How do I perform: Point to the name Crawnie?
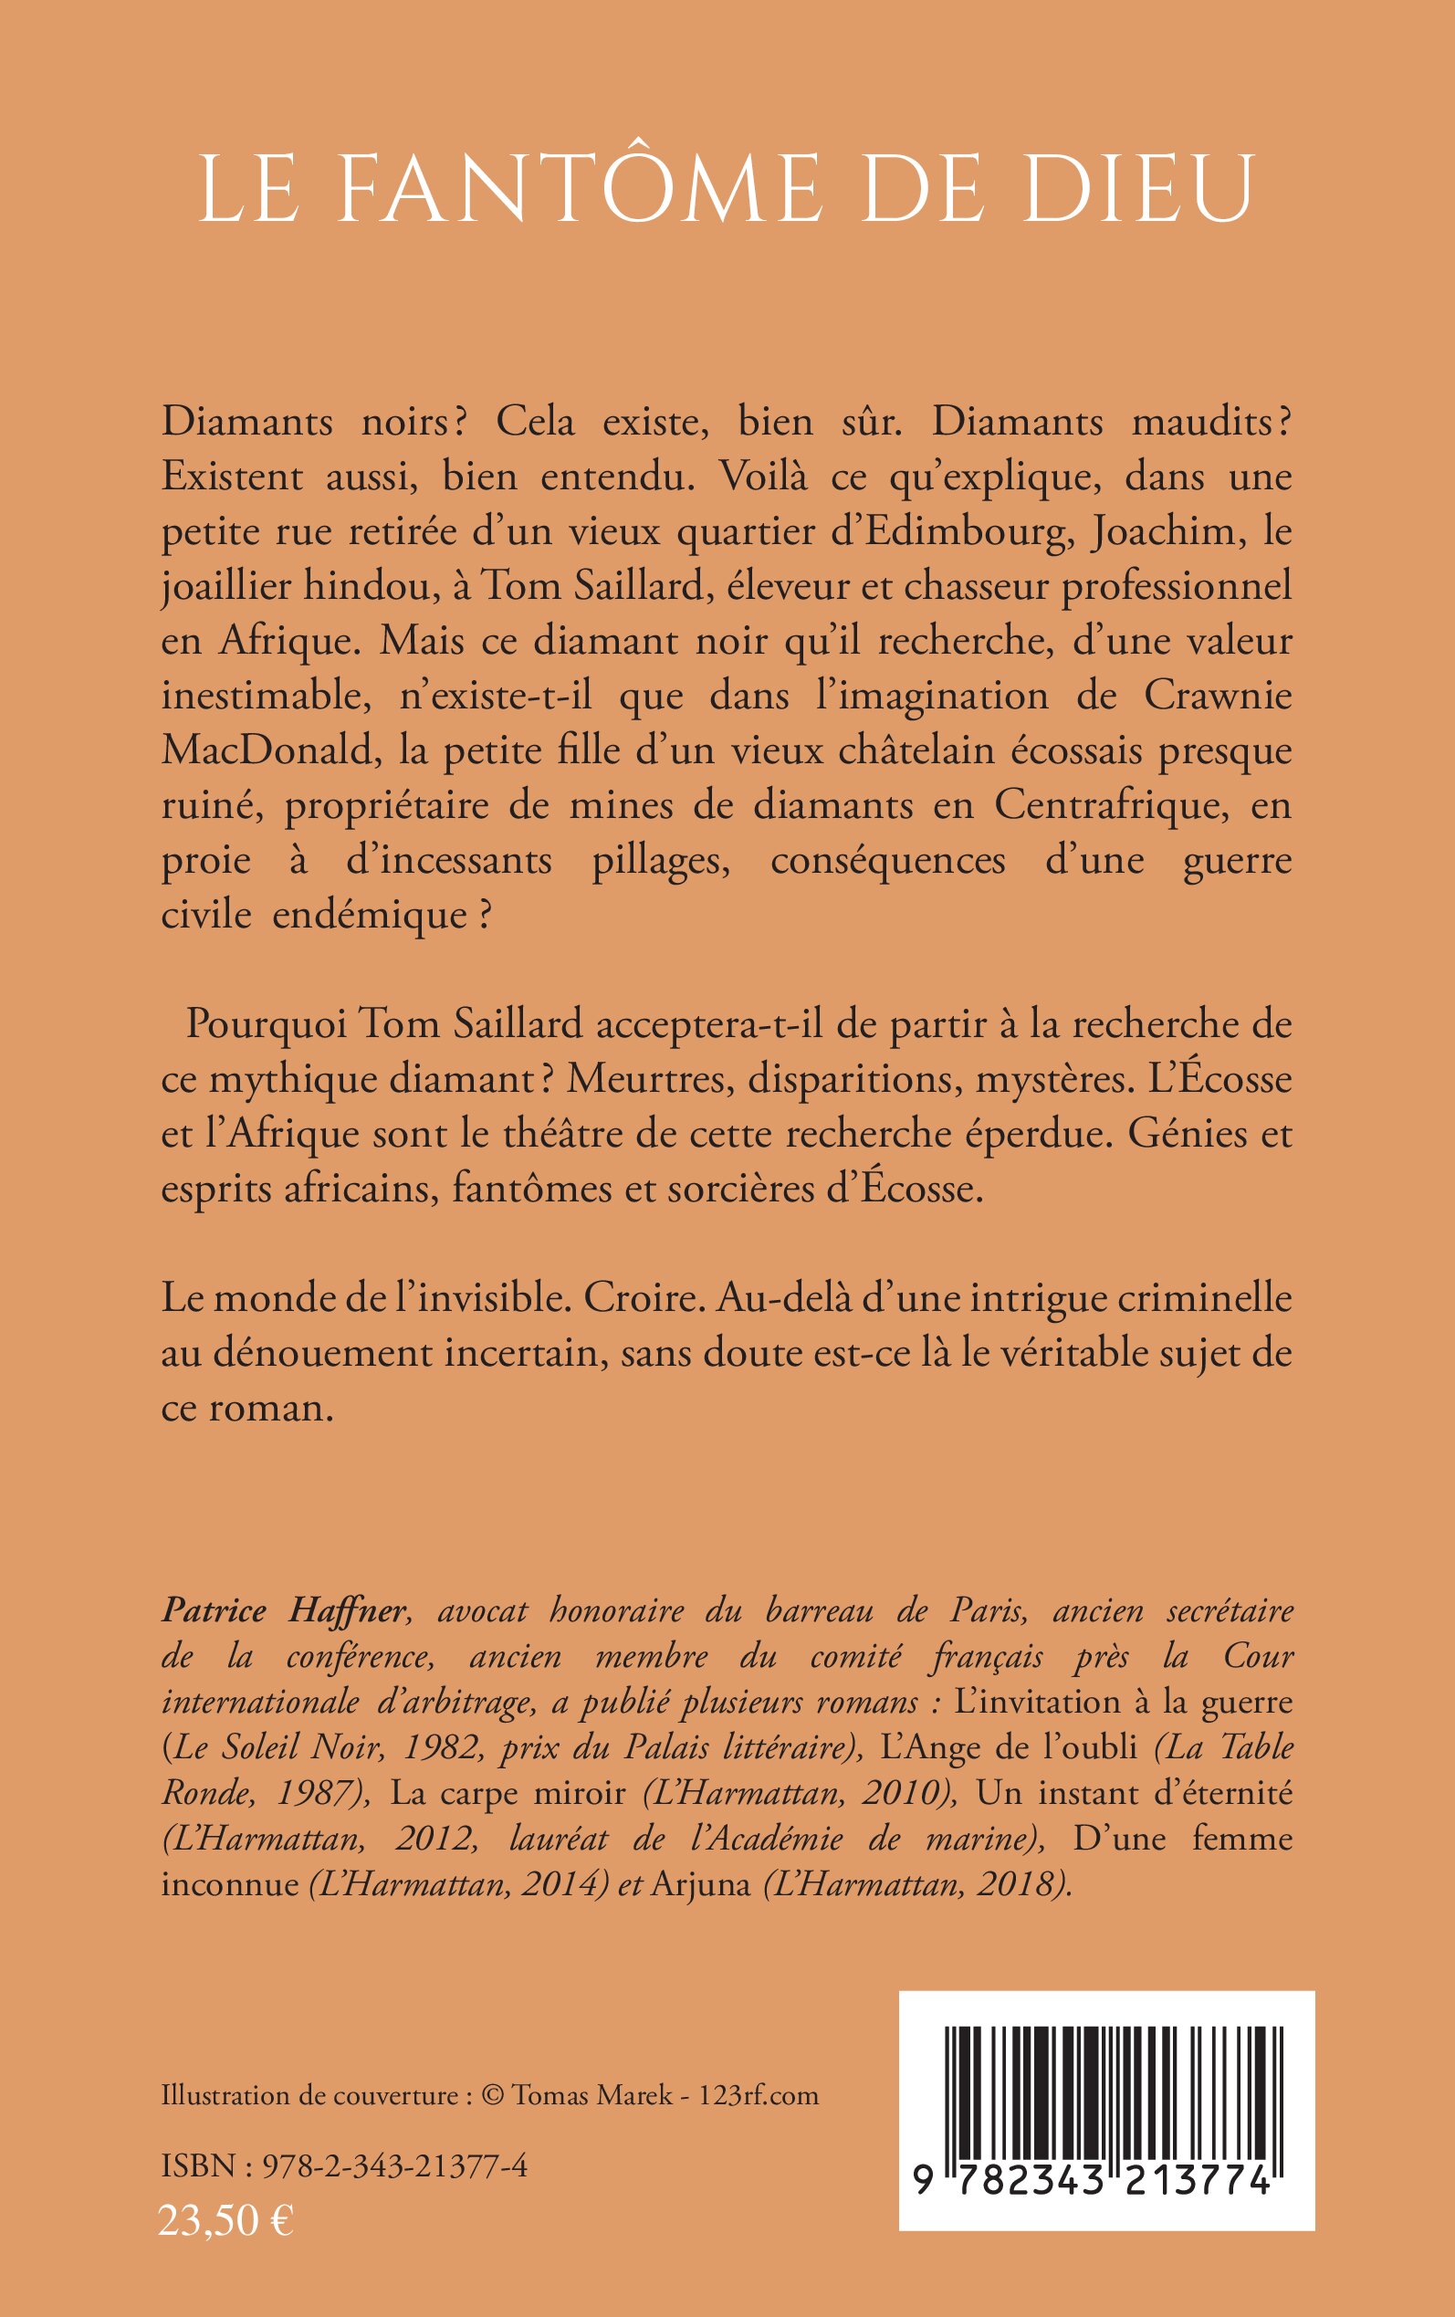coord(1217,696)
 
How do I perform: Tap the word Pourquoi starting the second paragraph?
coord(266,1024)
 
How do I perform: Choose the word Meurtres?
coord(651,1080)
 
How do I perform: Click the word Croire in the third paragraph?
coord(641,1298)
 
